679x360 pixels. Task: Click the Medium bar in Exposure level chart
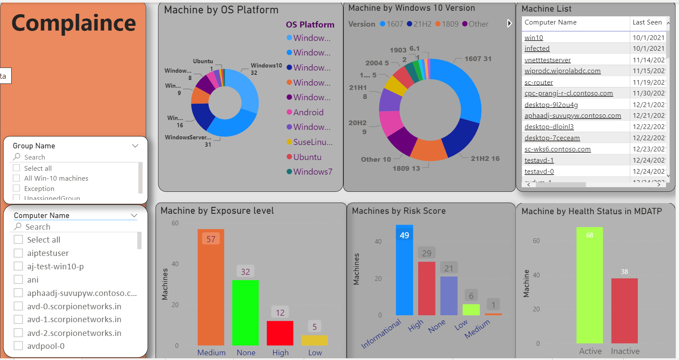pos(210,292)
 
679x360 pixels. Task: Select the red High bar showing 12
pos(280,333)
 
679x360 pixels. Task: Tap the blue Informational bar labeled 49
pos(404,275)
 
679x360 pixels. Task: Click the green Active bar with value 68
pos(589,288)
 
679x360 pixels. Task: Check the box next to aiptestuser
pos(18,253)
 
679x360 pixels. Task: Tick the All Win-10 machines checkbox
pos(16,178)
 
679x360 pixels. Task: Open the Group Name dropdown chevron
pos(135,146)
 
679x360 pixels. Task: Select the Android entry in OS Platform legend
pos(308,112)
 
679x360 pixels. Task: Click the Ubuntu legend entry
pos(307,157)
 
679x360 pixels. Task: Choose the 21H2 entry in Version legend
pos(419,24)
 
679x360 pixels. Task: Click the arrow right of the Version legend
pos(509,23)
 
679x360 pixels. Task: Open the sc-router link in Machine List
pos(539,82)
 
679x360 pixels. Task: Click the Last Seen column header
pos(647,22)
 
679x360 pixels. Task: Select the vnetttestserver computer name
pos(547,60)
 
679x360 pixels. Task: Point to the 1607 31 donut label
pos(478,58)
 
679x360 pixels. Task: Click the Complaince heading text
pos(74,23)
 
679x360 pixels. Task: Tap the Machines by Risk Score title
pos(398,211)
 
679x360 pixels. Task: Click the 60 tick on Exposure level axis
pos(175,223)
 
